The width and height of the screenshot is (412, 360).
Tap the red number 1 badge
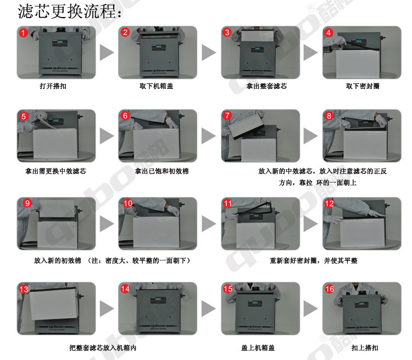[x=23, y=33]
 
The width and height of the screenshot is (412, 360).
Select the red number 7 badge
[x=227, y=116]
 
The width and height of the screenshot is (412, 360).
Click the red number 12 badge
[x=329, y=204]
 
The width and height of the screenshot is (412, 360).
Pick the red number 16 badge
[x=330, y=289]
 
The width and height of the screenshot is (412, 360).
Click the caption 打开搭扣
[x=53, y=86]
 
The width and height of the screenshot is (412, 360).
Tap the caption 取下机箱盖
[x=157, y=86]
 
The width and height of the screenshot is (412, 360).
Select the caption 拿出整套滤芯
[x=266, y=86]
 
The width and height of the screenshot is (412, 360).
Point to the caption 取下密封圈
[x=363, y=86]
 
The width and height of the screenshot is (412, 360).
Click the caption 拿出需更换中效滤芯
[x=55, y=171]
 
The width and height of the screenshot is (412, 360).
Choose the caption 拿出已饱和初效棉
[x=162, y=171]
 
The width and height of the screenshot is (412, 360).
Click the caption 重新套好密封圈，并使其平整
[x=314, y=261]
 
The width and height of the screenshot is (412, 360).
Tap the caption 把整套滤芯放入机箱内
[x=103, y=348]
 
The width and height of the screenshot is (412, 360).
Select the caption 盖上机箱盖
[x=258, y=348]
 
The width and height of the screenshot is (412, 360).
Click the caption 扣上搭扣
[x=365, y=348]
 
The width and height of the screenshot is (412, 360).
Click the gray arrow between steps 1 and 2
[x=107, y=53]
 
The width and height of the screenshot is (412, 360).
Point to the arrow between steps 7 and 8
[x=310, y=136]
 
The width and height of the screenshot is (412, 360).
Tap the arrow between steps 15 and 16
[x=310, y=308]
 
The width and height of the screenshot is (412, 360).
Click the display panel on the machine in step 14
[x=158, y=300]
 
